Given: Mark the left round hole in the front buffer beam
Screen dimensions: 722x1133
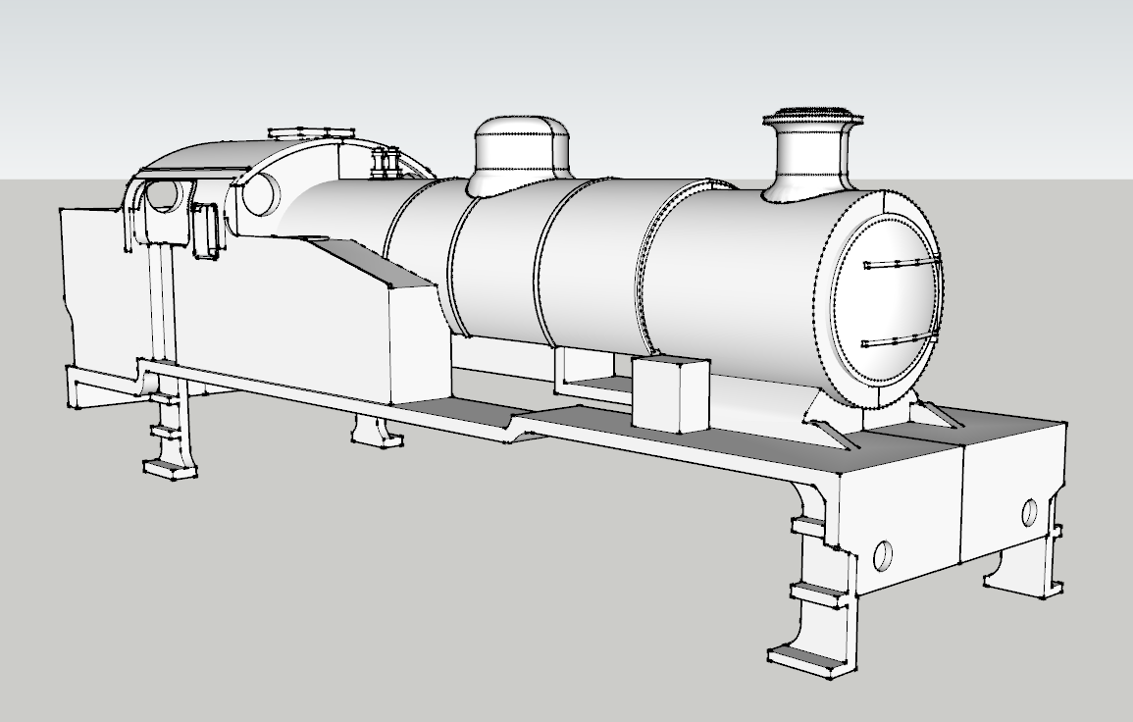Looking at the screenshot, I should pos(883,555).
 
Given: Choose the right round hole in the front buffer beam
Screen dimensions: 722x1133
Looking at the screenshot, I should pos(1029,512).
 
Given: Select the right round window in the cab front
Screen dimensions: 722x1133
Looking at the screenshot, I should pos(261,193).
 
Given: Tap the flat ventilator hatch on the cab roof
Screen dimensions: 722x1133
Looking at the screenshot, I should pos(312,131).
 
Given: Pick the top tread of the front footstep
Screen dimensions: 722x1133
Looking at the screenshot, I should pos(807,528).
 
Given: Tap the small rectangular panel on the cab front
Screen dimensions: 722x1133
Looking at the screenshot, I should pos(206,231).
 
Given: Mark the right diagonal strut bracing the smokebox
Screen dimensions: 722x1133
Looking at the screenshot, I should pos(942,413).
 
